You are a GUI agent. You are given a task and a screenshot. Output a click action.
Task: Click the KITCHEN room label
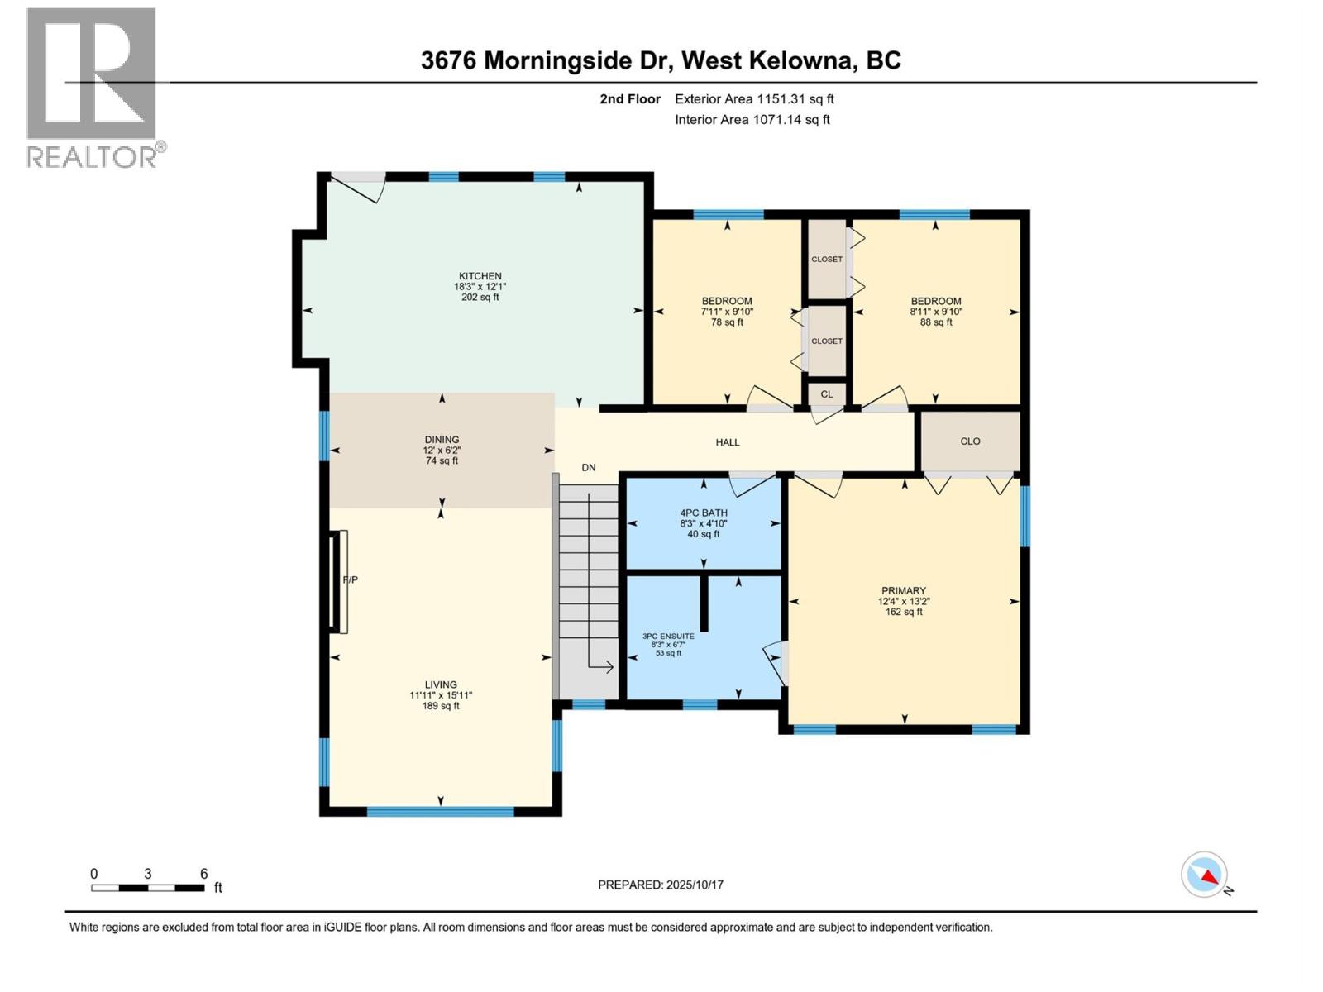pyautogui.click(x=480, y=276)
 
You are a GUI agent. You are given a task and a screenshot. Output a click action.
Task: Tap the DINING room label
pyautogui.click(x=442, y=440)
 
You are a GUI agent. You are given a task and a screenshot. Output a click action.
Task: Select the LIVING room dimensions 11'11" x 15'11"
pyautogui.click(x=441, y=695)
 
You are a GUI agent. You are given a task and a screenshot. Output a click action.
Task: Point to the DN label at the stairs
pyautogui.click(x=588, y=468)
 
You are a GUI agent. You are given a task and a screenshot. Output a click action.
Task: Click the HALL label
pyautogui.click(x=727, y=442)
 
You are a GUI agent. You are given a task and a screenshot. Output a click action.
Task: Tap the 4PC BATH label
pyautogui.click(x=703, y=513)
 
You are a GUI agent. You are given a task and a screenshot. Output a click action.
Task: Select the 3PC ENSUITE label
pyautogui.click(x=668, y=636)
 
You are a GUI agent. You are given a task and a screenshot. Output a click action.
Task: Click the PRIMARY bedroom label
pyautogui.click(x=903, y=590)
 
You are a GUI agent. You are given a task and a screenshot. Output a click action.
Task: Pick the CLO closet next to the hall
pyautogui.click(x=970, y=441)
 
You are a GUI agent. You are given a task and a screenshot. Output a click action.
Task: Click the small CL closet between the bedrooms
pyautogui.click(x=826, y=394)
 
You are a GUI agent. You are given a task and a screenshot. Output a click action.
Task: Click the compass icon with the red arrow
pyautogui.click(x=1205, y=875)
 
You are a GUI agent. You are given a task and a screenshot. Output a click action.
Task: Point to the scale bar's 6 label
pyautogui.click(x=203, y=874)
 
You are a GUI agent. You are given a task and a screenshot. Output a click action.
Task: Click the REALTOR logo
pyautogui.click(x=93, y=87)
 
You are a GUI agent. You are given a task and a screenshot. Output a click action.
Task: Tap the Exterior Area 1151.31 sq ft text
pyautogui.click(x=754, y=99)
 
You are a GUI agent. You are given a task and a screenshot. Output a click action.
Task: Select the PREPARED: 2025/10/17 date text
pyautogui.click(x=661, y=885)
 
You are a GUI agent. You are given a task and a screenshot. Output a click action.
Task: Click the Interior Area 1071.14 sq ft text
pyautogui.click(x=752, y=120)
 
